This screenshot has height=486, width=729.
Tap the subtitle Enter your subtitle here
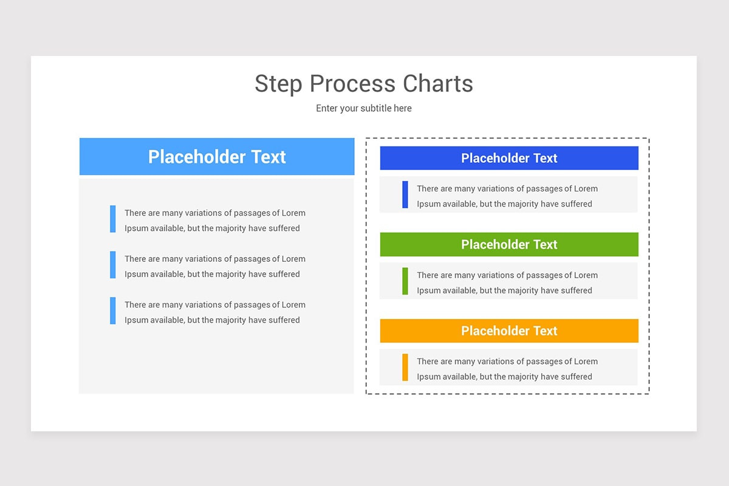click(x=364, y=108)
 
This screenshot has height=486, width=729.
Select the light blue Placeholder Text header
click(x=217, y=157)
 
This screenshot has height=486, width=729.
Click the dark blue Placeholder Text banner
click(x=509, y=158)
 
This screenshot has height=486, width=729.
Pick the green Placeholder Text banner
click(x=509, y=244)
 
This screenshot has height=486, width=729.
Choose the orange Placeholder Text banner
click(x=509, y=330)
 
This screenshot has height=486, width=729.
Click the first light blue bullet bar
click(x=113, y=219)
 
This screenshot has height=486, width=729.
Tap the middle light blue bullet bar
click(x=113, y=265)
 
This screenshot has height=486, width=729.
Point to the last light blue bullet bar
click(x=113, y=310)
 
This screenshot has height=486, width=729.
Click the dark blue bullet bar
click(x=405, y=194)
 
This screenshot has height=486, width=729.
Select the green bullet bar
click(x=405, y=281)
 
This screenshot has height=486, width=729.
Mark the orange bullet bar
click(x=405, y=368)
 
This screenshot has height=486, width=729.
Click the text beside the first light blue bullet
click(x=215, y=221)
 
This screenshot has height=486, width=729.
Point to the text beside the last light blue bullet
click(x=215, y=312)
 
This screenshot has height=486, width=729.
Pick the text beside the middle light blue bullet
click(x=215, y=266)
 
